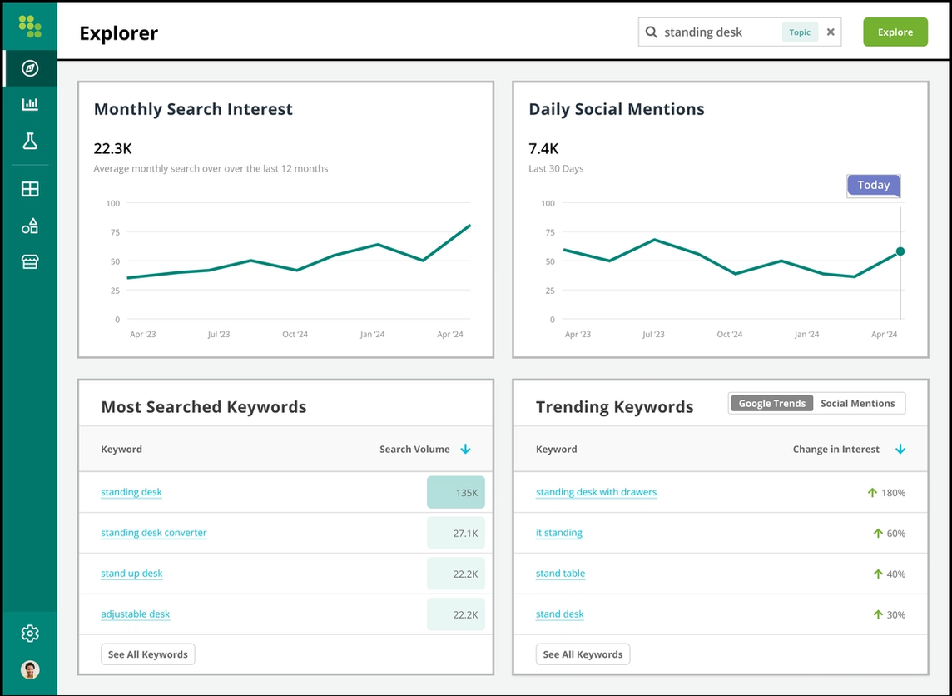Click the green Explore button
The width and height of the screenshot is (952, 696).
(x=895, y=32)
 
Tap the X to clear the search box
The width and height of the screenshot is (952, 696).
(x=831, y=32)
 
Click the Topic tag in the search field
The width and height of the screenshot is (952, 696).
(x=800, y=32)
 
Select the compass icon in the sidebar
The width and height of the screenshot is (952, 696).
(x=30, y=68)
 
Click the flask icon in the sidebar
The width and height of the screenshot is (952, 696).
(x=30, y=141)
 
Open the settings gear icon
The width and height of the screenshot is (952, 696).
(x=30, y=634)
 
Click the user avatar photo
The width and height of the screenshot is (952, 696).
(x=30, y=669)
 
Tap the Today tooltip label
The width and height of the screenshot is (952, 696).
(x=873, y=186)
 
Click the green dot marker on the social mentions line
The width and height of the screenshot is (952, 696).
(x=900, y=251)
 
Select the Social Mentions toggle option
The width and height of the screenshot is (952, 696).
(x=857, y=404)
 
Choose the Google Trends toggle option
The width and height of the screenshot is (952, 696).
(x=771, y=404)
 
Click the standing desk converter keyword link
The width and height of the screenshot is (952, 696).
(x=153, y=533)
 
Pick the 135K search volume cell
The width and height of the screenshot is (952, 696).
(x=456, y=493)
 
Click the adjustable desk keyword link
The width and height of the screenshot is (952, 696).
(x=135, y=614)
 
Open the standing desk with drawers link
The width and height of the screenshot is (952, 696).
(x=596, y=492)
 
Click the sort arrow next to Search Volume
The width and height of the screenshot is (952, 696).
(x=465, y=450)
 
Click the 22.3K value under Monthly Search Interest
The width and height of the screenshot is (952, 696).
(x=112, y=149)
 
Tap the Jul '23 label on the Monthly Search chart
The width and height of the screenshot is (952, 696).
(x=219, y=335)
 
